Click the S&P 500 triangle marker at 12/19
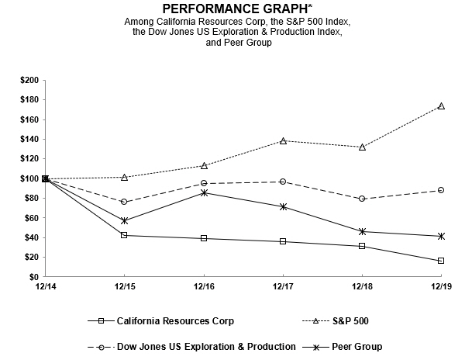click(441, 106)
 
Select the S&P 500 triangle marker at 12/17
click(283, 140)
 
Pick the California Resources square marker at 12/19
click(441, 261)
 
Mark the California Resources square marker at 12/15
click(125, 235)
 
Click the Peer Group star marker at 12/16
click(204, 192)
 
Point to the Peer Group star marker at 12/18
click(362, 231)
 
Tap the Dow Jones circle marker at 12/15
click(125, 202)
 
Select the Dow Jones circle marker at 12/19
click(441, 190)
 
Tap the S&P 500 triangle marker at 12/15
click(125, 177)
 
